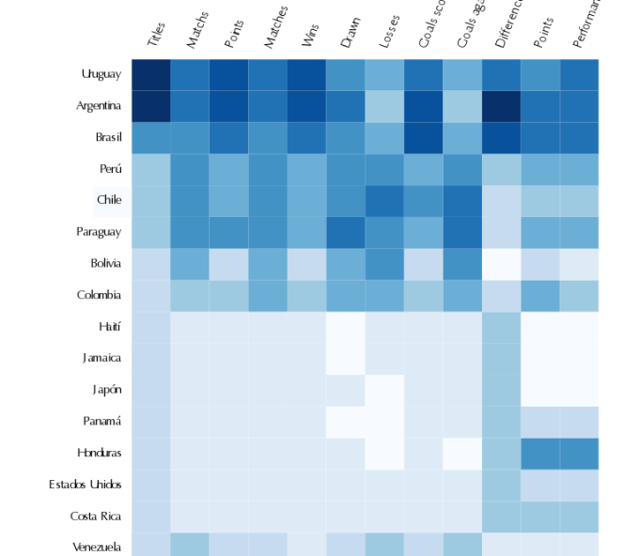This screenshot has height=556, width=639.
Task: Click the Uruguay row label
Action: tap(101, 74)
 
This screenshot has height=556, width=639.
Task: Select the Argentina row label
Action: tap(99, 106)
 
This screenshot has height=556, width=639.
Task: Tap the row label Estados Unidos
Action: tap(85, 485)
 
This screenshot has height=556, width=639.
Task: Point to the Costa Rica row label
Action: tap(95, 516)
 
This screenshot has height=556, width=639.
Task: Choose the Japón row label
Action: tap(106, 390)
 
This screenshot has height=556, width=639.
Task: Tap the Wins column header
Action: tap(310, 36)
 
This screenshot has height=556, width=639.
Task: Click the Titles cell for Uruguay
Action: tap(151, 74)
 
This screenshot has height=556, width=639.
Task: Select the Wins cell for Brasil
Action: tap(307, 137)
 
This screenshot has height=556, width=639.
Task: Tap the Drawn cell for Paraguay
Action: tap(346, 232)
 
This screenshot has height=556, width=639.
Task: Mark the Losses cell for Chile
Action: tap(385, 200)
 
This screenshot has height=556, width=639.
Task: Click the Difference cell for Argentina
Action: tap(502, 106)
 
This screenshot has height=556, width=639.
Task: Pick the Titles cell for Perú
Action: tap(151, 169)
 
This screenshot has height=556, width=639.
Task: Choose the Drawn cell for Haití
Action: tap(346, 327)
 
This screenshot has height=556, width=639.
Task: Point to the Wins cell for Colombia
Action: tap(307, 295)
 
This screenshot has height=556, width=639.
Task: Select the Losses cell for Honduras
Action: tap(385, 453)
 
